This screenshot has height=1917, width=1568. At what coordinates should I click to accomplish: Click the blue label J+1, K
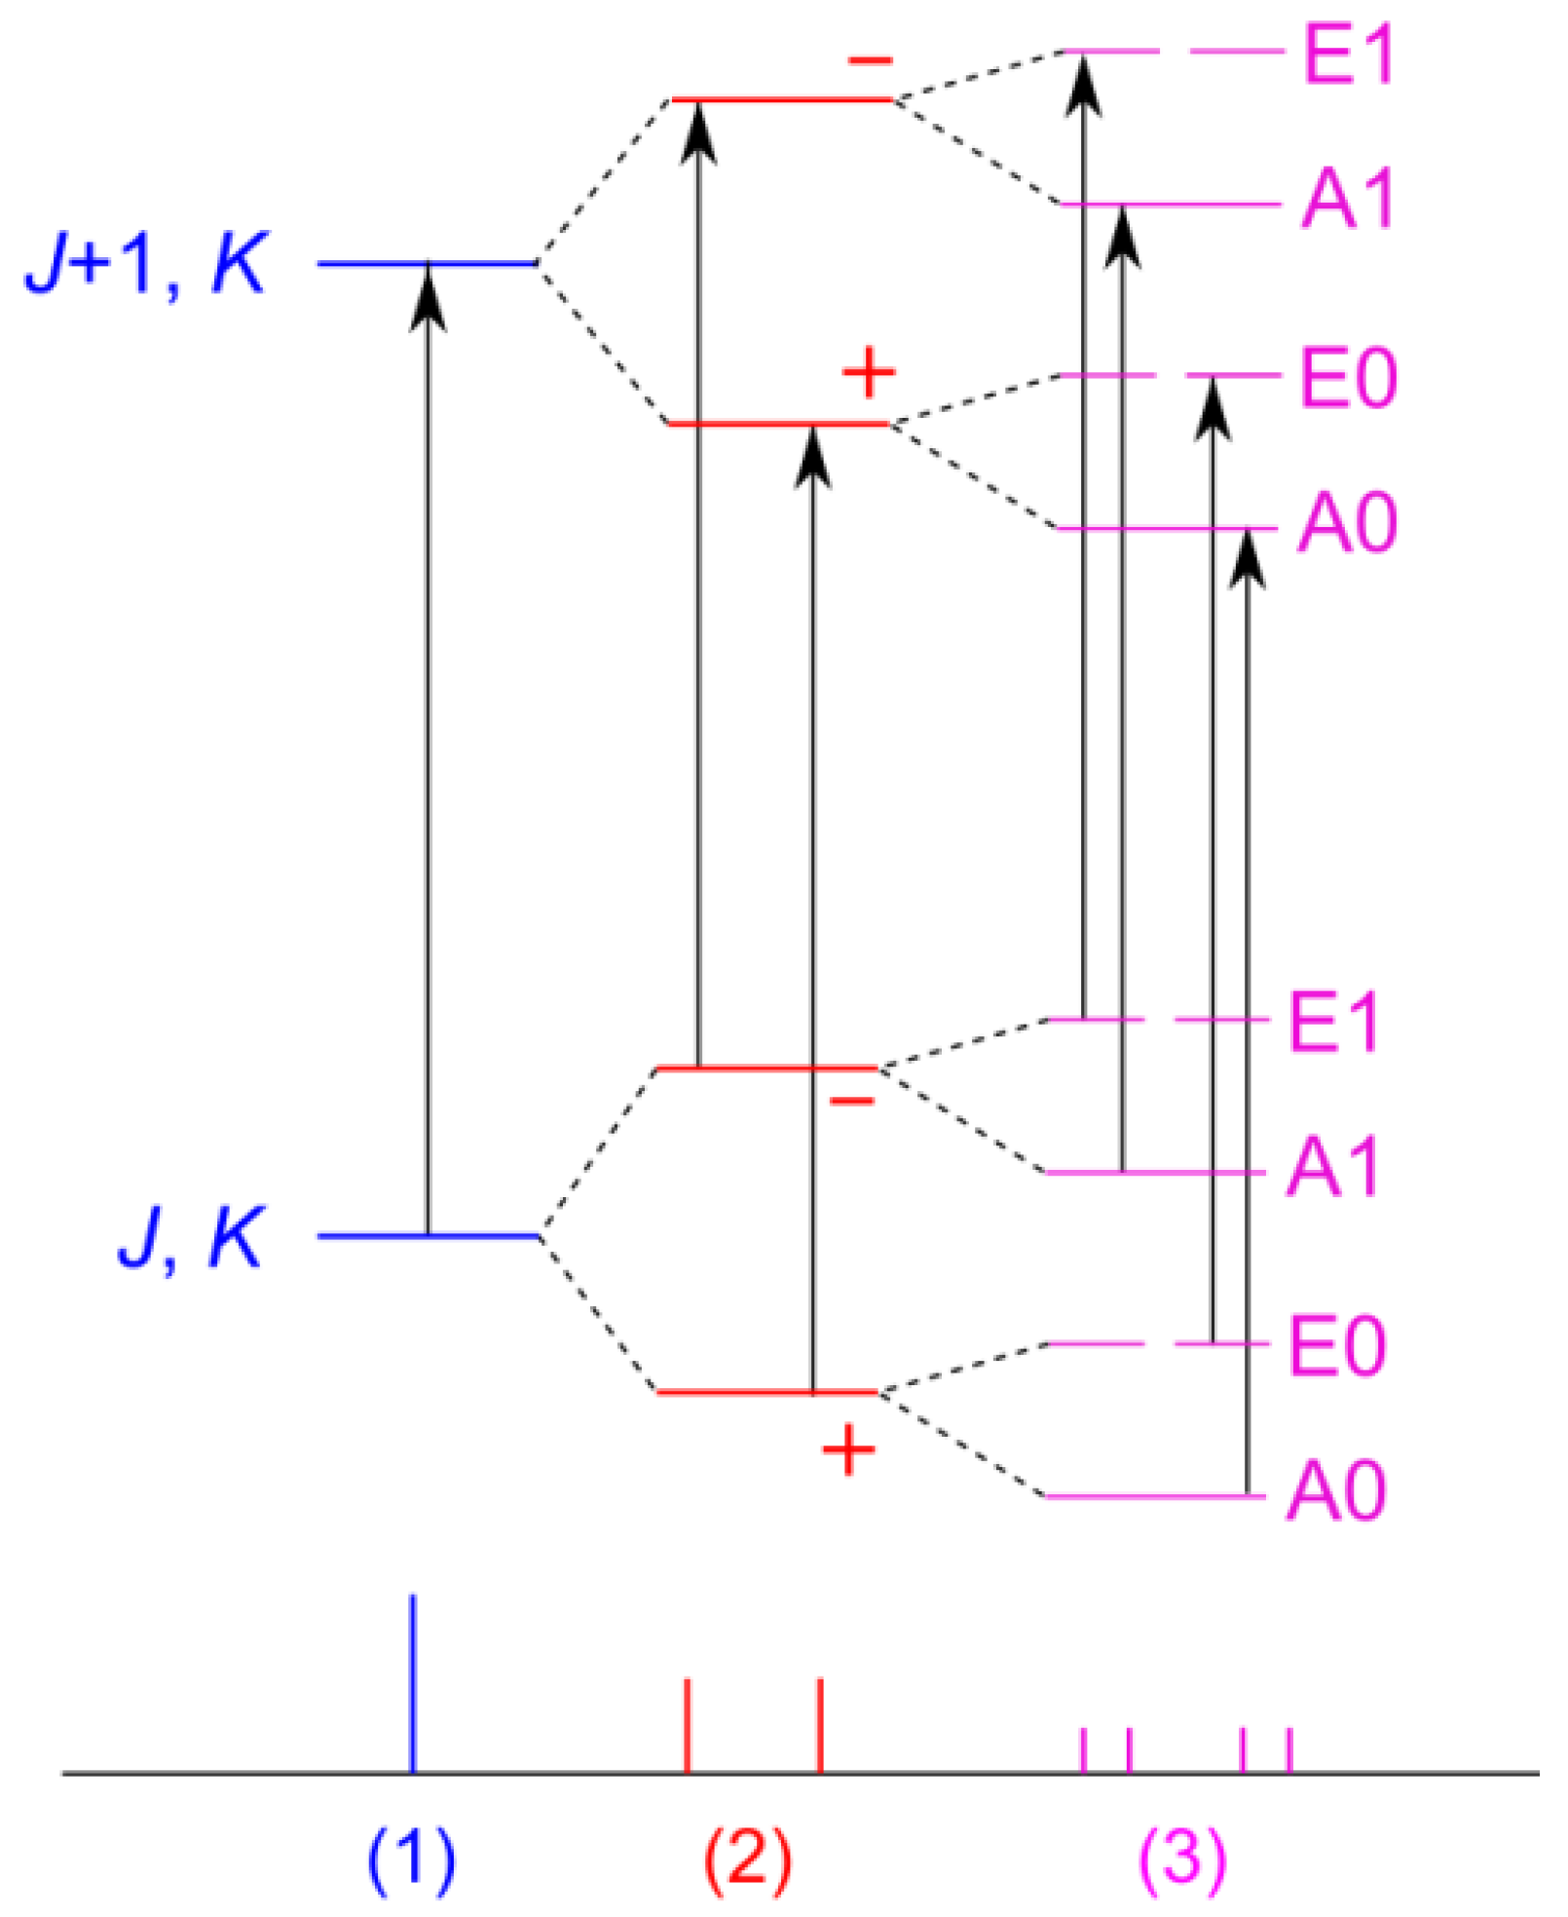(x=146, y=263)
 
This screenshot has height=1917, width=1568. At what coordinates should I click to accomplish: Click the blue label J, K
(x=191, y=1237)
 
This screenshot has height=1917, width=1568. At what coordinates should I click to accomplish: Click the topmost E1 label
(x=1349, y=55)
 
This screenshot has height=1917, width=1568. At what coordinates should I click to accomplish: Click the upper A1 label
(x=1349, y=200)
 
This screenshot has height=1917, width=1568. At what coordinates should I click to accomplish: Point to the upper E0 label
(x=1349, y=378)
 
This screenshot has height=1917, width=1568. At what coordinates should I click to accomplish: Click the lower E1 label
(x=1334, y=1023)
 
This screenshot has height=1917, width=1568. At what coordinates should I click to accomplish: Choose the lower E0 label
(x=1336, y=1346)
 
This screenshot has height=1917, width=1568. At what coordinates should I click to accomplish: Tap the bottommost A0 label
(x=1336, y=1491)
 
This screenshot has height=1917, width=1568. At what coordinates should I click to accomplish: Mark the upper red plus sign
(x=868, y=372)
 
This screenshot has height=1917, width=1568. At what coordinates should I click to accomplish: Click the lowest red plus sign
(x=848, y=1450)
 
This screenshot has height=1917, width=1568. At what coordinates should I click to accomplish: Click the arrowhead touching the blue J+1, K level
(x=428, y=295)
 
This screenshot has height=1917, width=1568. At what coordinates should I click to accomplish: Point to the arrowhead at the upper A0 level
(x=1248, y=560)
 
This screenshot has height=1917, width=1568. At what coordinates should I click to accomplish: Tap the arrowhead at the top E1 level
(x=1083, y=86)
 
